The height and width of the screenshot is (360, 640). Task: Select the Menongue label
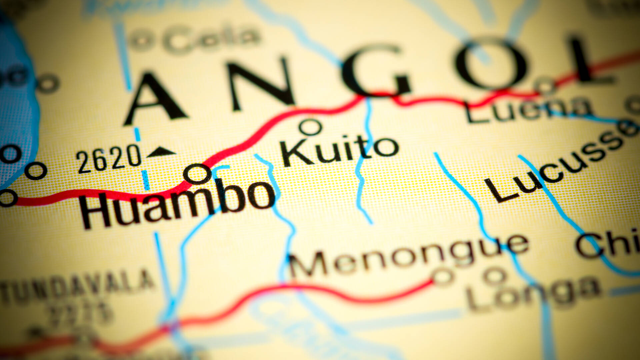coord(408,257)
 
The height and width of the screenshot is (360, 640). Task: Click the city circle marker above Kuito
coord(310,127)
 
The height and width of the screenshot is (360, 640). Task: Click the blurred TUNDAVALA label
coord(77,287)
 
